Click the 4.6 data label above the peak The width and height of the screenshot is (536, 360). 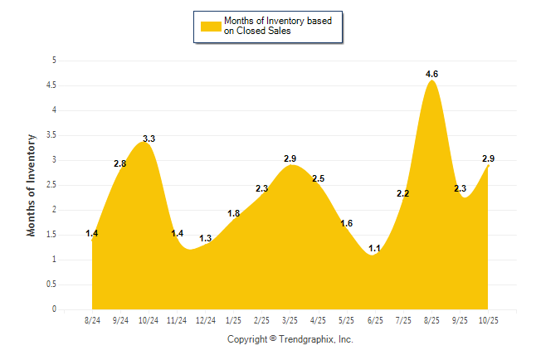point(431,75)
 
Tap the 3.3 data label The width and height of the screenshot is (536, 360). point(149,139)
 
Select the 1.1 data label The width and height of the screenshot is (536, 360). point(374,248)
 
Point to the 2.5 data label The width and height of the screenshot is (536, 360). point(319,179)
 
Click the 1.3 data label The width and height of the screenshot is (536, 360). point(206,239)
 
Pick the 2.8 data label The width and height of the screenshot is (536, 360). point(119,164)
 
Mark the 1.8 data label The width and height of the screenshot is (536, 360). point(234,214)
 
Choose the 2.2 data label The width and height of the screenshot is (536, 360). point(403,194)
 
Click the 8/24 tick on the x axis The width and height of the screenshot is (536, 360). point(93,319)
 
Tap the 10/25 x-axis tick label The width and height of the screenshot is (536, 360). point(489,319)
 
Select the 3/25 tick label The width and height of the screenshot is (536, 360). point(290,319)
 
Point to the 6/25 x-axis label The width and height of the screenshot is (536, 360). point(375,319)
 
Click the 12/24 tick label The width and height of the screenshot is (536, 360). point(205,319)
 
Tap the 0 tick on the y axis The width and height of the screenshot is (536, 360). point(54,309)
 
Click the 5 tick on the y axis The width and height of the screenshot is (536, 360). point(54,61)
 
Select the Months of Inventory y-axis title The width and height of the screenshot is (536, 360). point(32,185)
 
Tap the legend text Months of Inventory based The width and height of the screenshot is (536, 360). point(279,20)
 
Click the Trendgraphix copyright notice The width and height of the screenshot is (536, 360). point(290,340)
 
